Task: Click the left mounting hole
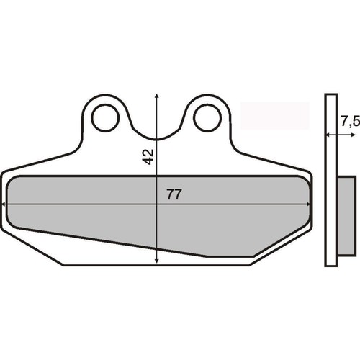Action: click(105, 117)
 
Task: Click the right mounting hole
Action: click(207, 117)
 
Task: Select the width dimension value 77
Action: click(174, 194)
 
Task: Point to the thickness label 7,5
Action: click(350, 122)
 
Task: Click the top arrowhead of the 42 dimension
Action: click(156, 96)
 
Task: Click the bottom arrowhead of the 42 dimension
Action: click(156, 261)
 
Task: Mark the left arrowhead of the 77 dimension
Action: click(3, 204)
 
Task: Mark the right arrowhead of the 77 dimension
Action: click(308, 204)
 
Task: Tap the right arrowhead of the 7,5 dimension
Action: click(353, 135)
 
